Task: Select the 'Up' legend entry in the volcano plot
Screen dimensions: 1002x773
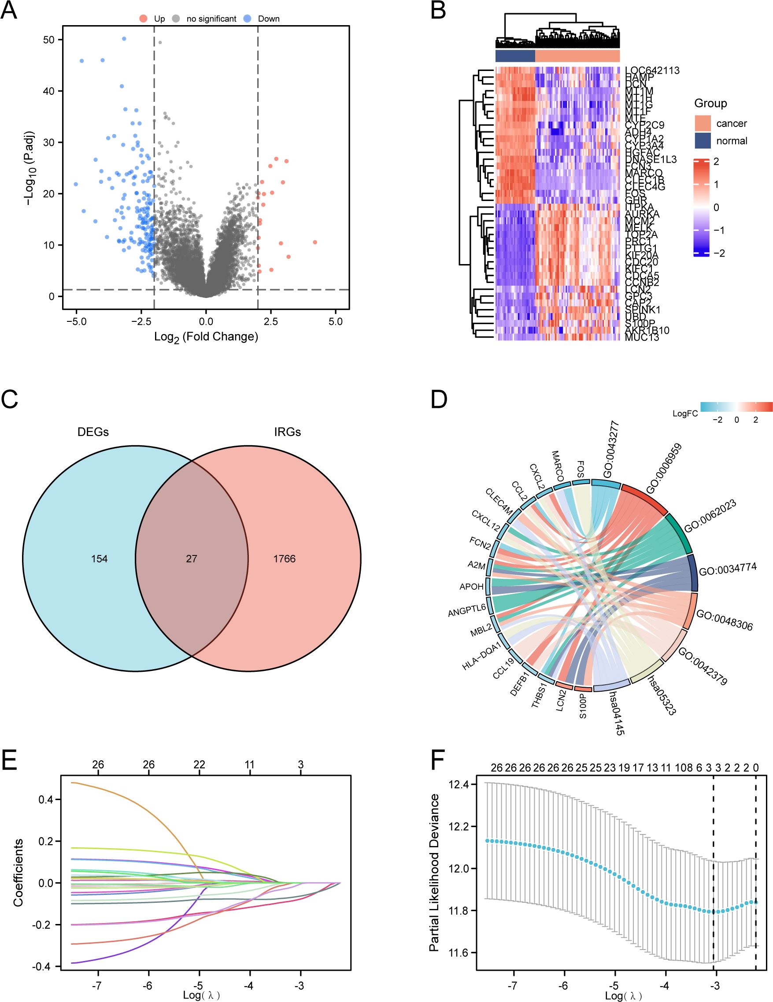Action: tap(159, 19)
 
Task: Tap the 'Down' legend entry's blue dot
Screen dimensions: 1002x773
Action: tap(247, 19)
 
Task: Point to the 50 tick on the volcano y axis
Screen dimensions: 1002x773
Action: tap(49, 40)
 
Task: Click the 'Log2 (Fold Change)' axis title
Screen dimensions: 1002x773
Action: tap(206, 337)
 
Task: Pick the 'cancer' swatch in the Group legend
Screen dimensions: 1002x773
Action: tap(703, 123)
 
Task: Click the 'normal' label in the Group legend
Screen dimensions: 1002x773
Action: tap(732, 141)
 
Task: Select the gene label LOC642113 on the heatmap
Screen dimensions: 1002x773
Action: tap(652, 71)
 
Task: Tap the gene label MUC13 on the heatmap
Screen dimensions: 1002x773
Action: tap(642, 337)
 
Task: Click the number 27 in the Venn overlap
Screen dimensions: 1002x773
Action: tap(191, 559)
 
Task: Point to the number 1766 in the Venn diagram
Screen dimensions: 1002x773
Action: tap(284, 559)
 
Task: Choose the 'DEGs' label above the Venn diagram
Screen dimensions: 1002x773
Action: tap(93, 432)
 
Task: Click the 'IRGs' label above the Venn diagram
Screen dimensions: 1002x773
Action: tap(288, 432)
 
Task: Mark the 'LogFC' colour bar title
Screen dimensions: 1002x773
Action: tap(685, 413)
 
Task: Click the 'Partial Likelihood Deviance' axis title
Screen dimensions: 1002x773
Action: tap(435, 872)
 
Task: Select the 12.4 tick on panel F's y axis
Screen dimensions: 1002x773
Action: tap(460, 785)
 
